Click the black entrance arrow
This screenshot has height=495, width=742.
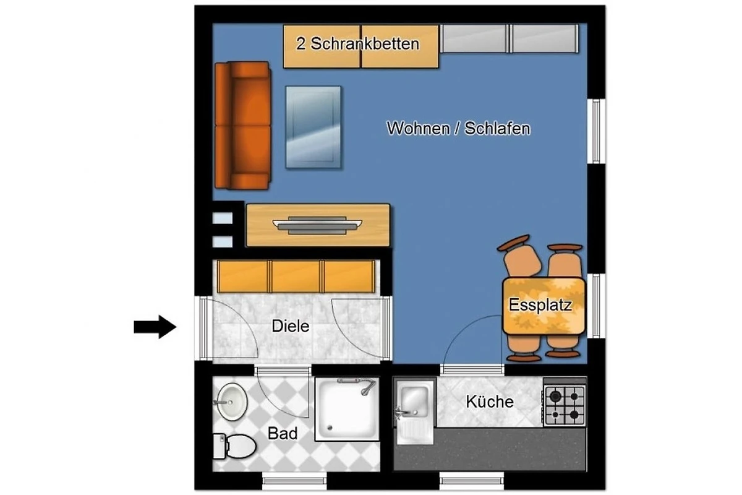[x=155, y=327]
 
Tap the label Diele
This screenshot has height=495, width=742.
[x=291, y=326]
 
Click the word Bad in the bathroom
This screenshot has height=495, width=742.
[x=283, y=433]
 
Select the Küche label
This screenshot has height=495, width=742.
[x=490, y=402]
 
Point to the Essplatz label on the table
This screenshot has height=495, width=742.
[x=540, y=304]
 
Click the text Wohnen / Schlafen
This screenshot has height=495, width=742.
[x=458, y=128]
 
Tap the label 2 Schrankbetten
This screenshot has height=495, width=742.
[x=358, y=44]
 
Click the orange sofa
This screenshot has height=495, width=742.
[x=243, y=126]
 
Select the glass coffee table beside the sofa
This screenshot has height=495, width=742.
[x=313, y=127]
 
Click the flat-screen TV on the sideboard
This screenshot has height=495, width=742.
[x=317, y=225]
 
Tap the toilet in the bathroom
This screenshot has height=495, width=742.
[x=234, y=446]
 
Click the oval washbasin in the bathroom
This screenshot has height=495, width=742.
[x=231, y=402]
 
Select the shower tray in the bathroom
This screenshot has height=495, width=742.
[x=347, y=409]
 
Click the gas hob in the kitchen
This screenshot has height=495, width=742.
[x=565, y=405]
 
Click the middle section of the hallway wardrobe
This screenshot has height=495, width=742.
[x=296, y=277]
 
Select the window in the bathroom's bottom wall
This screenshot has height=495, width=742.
[x=294, y=481]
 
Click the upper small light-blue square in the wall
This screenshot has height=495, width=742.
[x=222, y=218]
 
